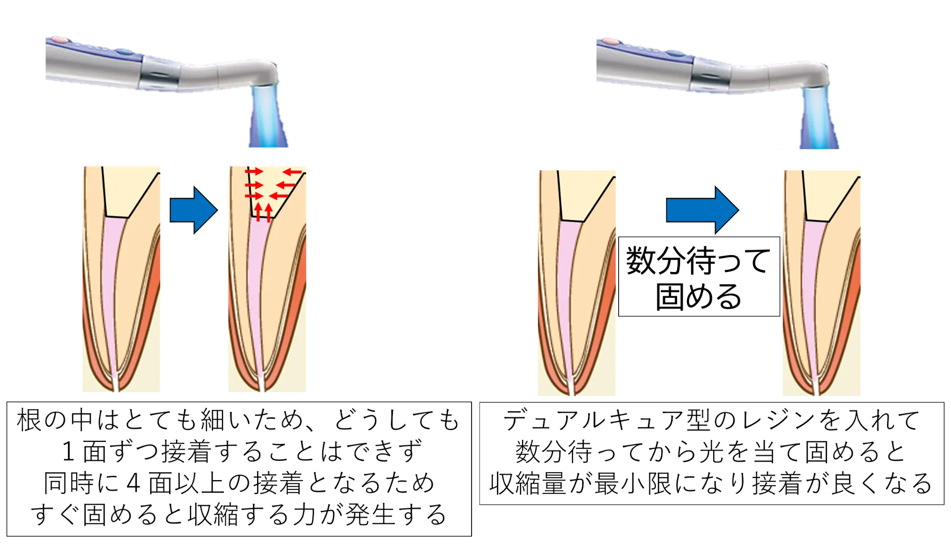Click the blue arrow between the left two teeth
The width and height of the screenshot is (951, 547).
click(x=194, y=210)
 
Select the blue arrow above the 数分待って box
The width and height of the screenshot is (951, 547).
click(x=702, y=210)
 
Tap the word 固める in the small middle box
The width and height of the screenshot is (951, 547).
click(x=698, y=296)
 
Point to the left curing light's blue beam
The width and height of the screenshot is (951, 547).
click(x=267, y=117)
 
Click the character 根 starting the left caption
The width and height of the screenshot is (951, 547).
click(x=29, y=420)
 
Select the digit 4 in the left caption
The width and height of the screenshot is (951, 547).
click(x=134, y=483)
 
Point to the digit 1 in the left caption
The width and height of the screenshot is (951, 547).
click(x=68, y=451)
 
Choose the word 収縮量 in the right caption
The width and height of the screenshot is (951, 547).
click(x=528, y=484)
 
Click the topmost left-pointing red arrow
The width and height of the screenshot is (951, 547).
click(x=292, y=172)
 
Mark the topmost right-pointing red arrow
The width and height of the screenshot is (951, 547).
click(x=254, y=171)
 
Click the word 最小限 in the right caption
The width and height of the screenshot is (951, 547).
click(x=633, y=484)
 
